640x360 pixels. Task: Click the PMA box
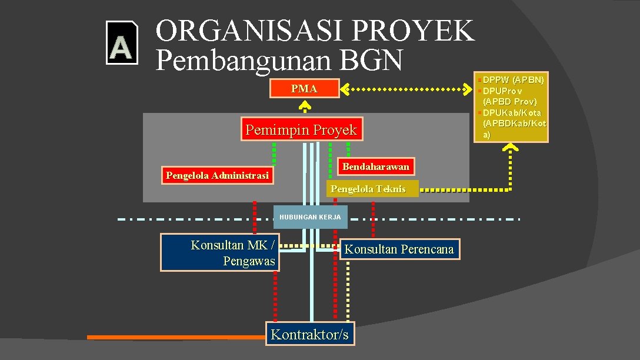click(x=304, y=89)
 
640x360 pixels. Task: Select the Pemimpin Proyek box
click(x=301, y=129)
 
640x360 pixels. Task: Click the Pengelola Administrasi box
click(x=217, y=175)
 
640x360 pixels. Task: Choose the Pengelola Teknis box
click(x=371, y=189)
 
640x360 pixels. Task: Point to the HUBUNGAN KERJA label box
click(x=310, y=217)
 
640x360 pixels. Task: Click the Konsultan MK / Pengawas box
click(x=220, y=253)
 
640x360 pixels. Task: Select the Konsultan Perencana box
click(x=399, y=249)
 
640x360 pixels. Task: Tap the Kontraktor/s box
click(x=310, y=335)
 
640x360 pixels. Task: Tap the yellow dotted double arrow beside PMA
click(x=408, y=89)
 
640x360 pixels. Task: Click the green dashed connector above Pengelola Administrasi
click(x=274, y=154)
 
